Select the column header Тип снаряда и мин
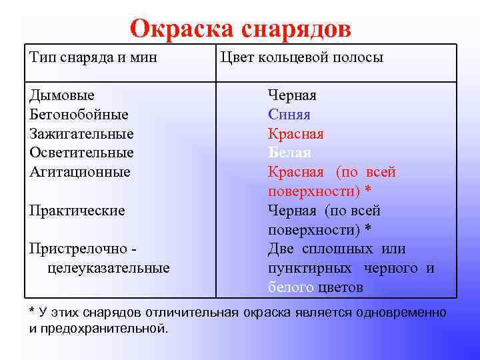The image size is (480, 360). (93, 57)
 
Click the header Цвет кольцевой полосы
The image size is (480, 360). (301, 57)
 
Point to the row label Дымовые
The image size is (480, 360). (62, 95)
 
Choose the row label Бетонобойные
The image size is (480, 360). (79, 115)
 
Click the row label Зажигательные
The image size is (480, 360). (81, 134)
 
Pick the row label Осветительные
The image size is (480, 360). (81, 153)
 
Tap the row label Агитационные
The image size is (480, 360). (79, 172)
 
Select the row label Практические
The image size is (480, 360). (77, 211)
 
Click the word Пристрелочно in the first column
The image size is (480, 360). (78, 249)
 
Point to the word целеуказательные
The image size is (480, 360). (108, 268)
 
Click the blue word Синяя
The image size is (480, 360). (289, 115)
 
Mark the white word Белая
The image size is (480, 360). (289, 153)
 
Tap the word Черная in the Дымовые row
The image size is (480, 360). (292, 95)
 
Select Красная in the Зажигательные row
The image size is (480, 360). (295, 134)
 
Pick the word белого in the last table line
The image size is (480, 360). (291, 287)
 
